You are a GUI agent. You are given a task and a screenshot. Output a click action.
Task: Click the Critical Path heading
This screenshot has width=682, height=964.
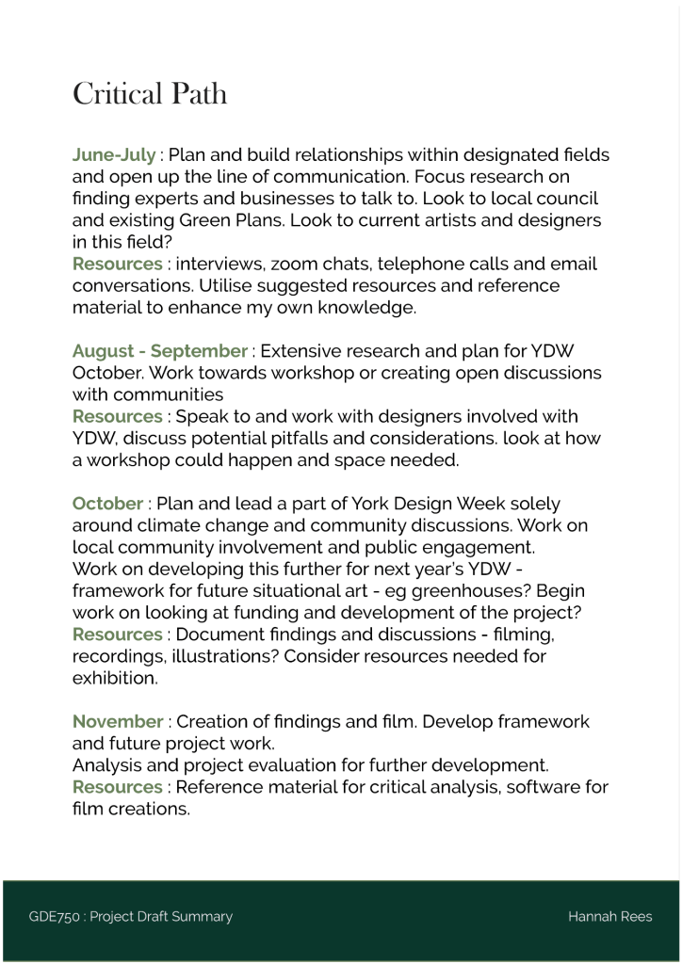150,94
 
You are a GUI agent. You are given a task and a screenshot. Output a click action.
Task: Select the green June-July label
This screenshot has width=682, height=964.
114,155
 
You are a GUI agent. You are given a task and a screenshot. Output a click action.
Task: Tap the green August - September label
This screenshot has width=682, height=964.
159,351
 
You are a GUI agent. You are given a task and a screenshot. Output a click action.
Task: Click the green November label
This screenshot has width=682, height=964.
118,722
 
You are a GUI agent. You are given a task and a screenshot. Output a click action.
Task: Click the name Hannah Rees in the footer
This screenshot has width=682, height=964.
609,917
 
